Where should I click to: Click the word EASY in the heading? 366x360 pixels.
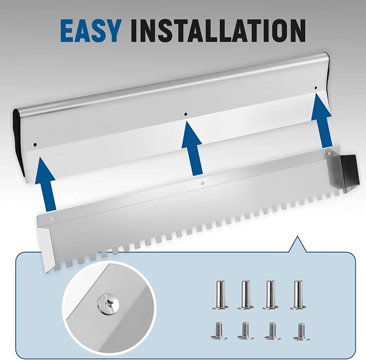(91, 31)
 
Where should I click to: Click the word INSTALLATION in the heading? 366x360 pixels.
(218, 31)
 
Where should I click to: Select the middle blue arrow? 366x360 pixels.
(192, 148)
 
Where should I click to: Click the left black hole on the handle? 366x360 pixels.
(35, 145)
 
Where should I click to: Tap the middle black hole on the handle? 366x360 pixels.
(185, 114)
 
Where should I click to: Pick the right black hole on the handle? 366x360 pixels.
(316, 88)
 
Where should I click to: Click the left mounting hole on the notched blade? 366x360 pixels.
(52, 219)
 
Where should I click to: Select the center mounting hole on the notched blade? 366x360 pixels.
(203, 184)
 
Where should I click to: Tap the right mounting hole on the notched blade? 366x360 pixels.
(329, 154)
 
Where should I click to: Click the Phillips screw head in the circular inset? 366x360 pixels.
(108, 304)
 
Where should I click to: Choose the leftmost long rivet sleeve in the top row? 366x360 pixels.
(220, 295)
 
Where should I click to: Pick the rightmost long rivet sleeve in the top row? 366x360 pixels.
(298, 295)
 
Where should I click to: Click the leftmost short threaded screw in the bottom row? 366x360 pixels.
(219, 331)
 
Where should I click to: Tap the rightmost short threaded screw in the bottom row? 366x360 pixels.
(301, 331)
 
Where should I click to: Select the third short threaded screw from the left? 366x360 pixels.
(272, 331)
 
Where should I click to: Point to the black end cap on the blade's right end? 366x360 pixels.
(349, 170)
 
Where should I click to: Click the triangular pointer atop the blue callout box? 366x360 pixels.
(298, 245)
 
